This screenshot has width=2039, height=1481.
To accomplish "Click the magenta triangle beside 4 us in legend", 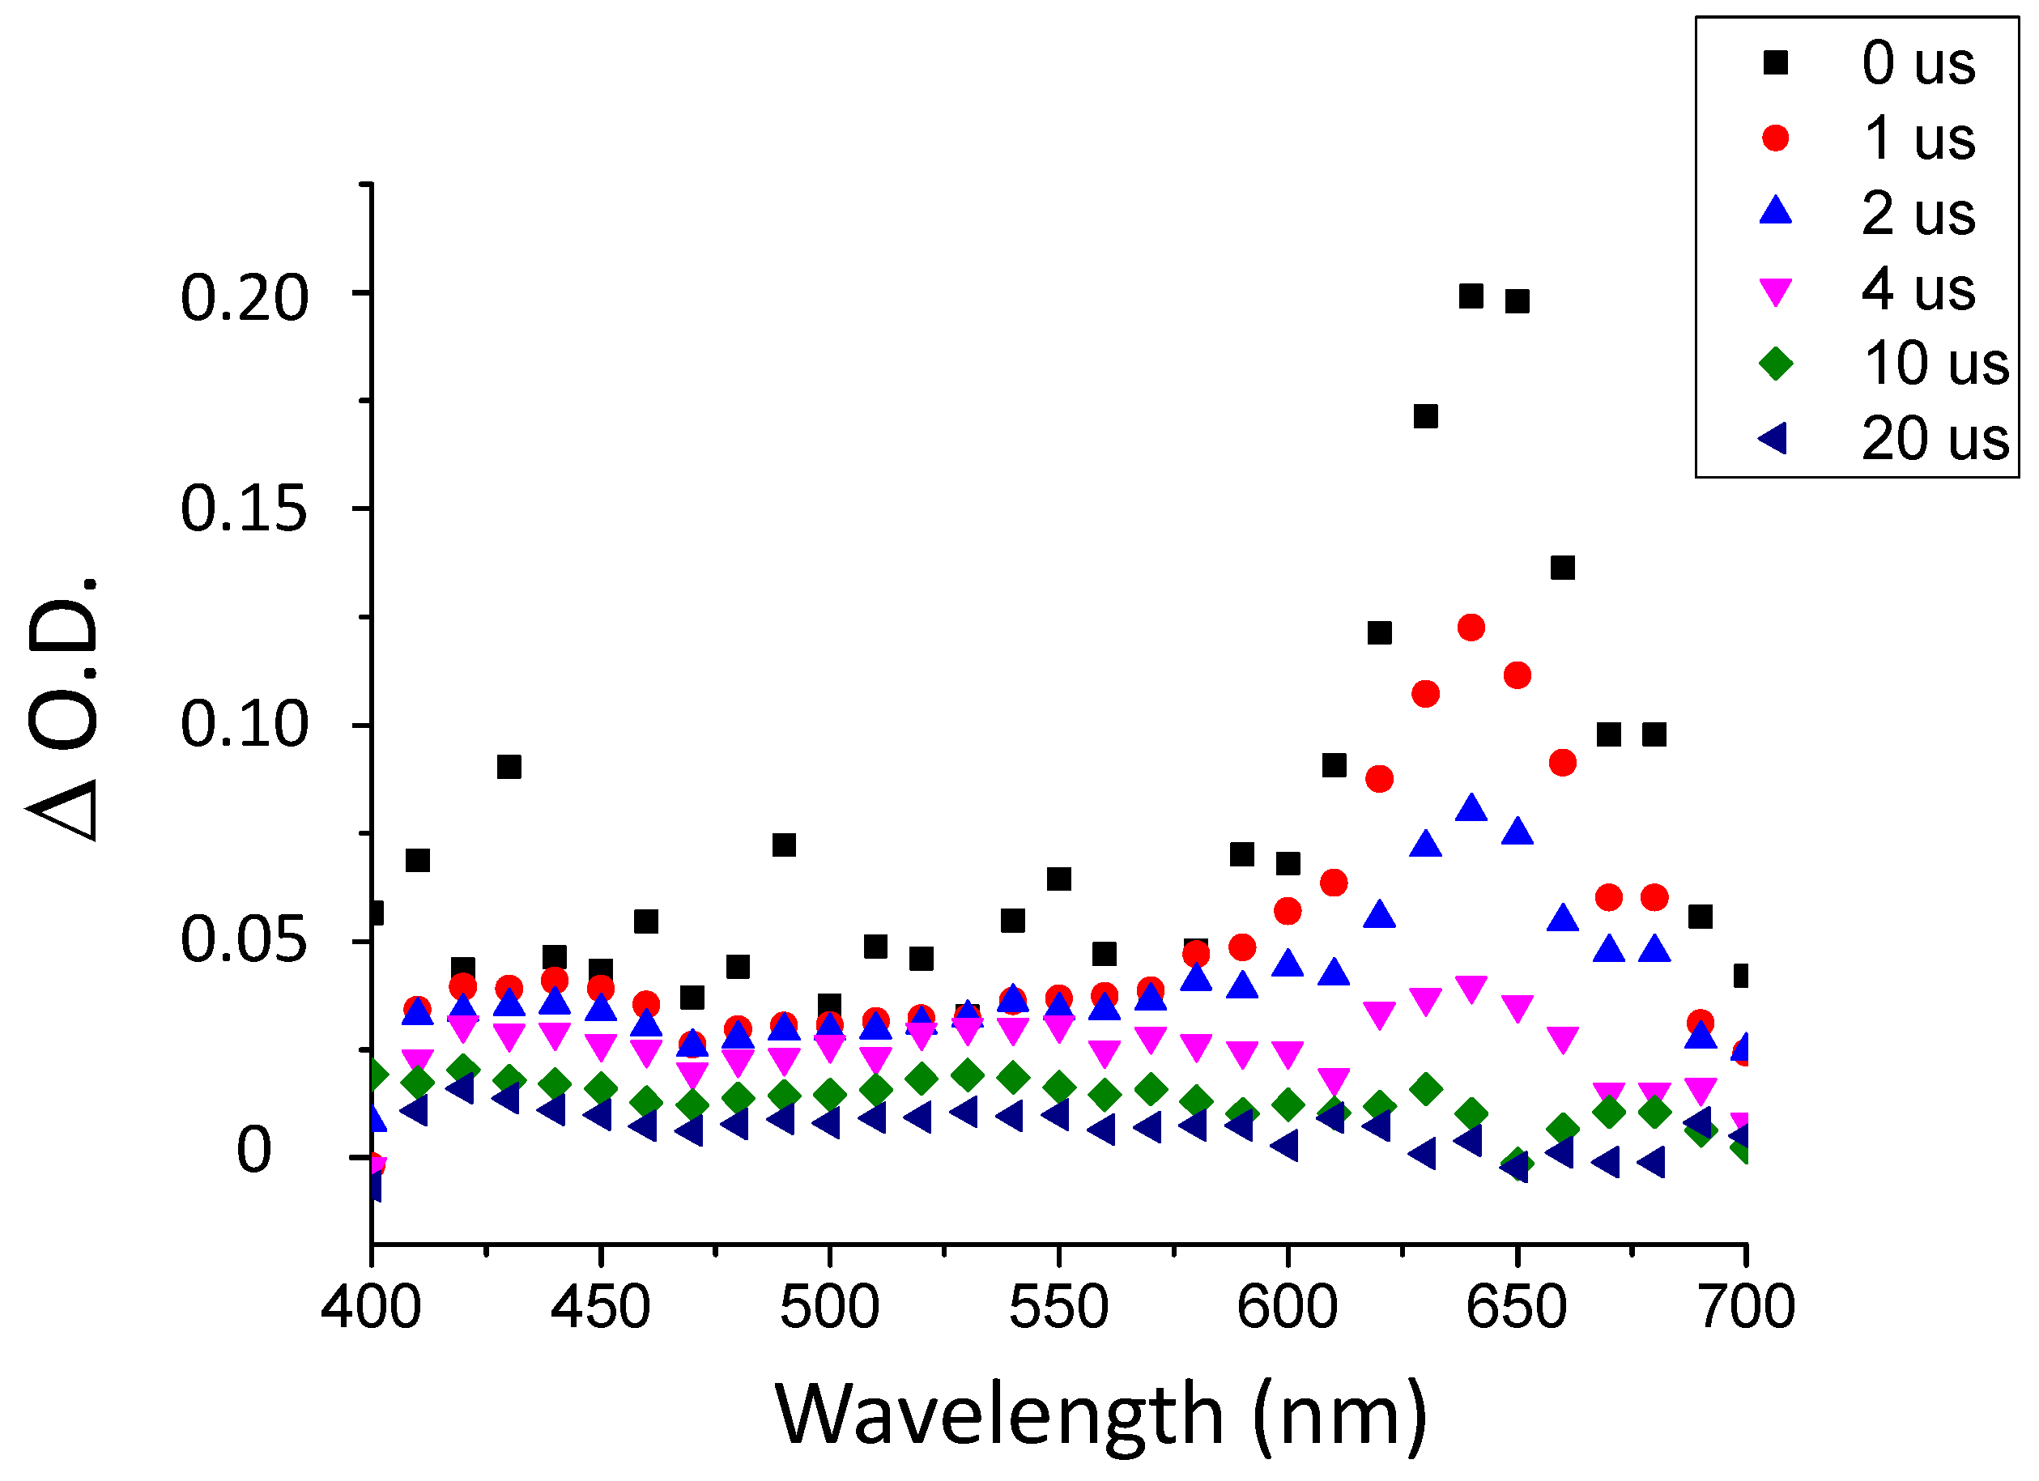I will [1776, 291].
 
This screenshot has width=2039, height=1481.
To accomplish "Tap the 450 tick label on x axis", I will [600, 1308].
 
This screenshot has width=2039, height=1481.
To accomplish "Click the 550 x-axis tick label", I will [1058, 1308].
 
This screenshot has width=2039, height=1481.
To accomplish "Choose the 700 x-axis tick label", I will [1745, 1308].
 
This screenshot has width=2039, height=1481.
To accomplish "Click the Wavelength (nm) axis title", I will [1100, 1415].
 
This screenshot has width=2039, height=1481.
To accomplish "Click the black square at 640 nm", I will [1471, 296].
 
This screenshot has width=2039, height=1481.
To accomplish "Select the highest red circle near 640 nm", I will [1471, 628].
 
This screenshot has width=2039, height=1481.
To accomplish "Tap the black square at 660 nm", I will [1563, 568].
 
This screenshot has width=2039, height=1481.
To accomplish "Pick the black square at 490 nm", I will [784, 845].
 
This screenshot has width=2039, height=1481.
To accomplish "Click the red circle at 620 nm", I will [1379, 779].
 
